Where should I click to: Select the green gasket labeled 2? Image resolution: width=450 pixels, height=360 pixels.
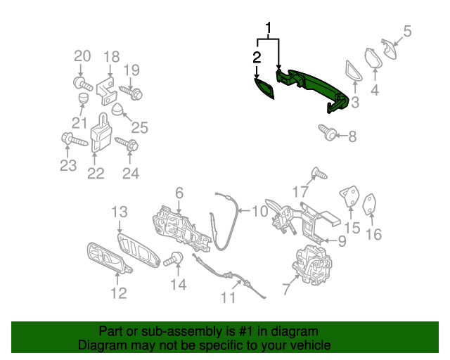coord(264,89)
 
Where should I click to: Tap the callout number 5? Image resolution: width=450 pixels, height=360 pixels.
coord(407,31)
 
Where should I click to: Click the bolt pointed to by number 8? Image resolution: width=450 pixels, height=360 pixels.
coord(328,132)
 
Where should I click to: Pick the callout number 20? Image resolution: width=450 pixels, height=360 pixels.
coord(82,56)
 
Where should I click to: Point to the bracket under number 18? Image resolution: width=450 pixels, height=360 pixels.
coord(106,91)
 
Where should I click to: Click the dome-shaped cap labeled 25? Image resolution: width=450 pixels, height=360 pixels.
coord(117,110)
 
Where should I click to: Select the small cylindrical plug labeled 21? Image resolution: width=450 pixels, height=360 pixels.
coord(83,98)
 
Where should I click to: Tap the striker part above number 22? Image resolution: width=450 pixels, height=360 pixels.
coord(101,133)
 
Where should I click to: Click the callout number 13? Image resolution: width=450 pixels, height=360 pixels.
coord(120,212)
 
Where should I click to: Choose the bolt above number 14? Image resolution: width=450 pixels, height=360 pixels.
coord(174,259)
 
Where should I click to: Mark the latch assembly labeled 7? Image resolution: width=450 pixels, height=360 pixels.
coord(312,265)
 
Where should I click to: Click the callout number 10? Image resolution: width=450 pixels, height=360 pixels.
coord(260,211)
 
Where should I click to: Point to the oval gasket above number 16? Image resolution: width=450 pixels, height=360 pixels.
coord(370,204)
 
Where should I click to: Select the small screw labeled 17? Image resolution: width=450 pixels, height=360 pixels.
coord(319,173)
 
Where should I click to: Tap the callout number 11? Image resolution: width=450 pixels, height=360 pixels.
coord(229,297)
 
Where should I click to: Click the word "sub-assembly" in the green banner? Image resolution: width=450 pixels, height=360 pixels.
coord(182,331)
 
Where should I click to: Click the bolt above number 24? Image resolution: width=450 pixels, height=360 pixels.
coord(127,144)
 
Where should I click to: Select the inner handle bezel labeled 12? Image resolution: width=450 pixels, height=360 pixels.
coord(108,259)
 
